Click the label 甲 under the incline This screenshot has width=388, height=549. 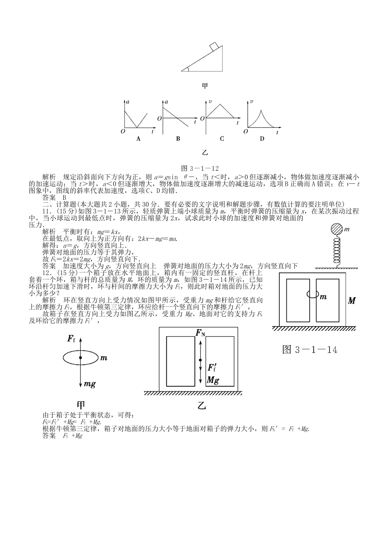(x=205, y=86)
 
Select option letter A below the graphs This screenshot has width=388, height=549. (x=138, y=139)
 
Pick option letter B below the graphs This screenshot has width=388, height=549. (x=178, y=139)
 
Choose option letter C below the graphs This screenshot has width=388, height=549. (x=222, y=139)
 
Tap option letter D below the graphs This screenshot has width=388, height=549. (x=262, y=139)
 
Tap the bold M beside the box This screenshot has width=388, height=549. (x=352, y=301)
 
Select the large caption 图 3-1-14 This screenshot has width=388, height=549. (x=310, y=350)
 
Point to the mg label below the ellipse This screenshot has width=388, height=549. (x=90, y=384)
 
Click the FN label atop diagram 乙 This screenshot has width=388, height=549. (x=200, y=333)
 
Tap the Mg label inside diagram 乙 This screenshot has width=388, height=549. (x=213, y=380)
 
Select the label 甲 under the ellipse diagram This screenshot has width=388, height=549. (x=81, y=405)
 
